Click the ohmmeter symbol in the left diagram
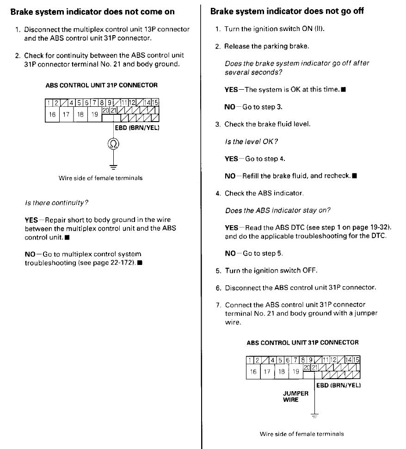(x=113, y=144)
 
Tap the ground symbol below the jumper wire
(x=315, y=416)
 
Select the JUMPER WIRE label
(x=295, y=397)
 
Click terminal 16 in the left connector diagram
(x=52, y=115)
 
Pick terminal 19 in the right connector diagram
(x=295, y=371)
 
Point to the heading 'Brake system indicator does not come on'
(x=92, y=12)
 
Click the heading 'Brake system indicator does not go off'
(x=287, y=12)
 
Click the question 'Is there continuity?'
(x=56, y=203)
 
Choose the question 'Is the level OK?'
(x=252, y=141)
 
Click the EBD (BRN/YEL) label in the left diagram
(x=137, y=128)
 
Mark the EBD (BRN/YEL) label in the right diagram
(x=338, y=385)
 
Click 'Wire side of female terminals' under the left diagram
(x=100, y=178)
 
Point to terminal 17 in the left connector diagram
(x=66, y=115)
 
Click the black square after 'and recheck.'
(x=354, y=176)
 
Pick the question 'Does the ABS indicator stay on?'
(x=277, y=210)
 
